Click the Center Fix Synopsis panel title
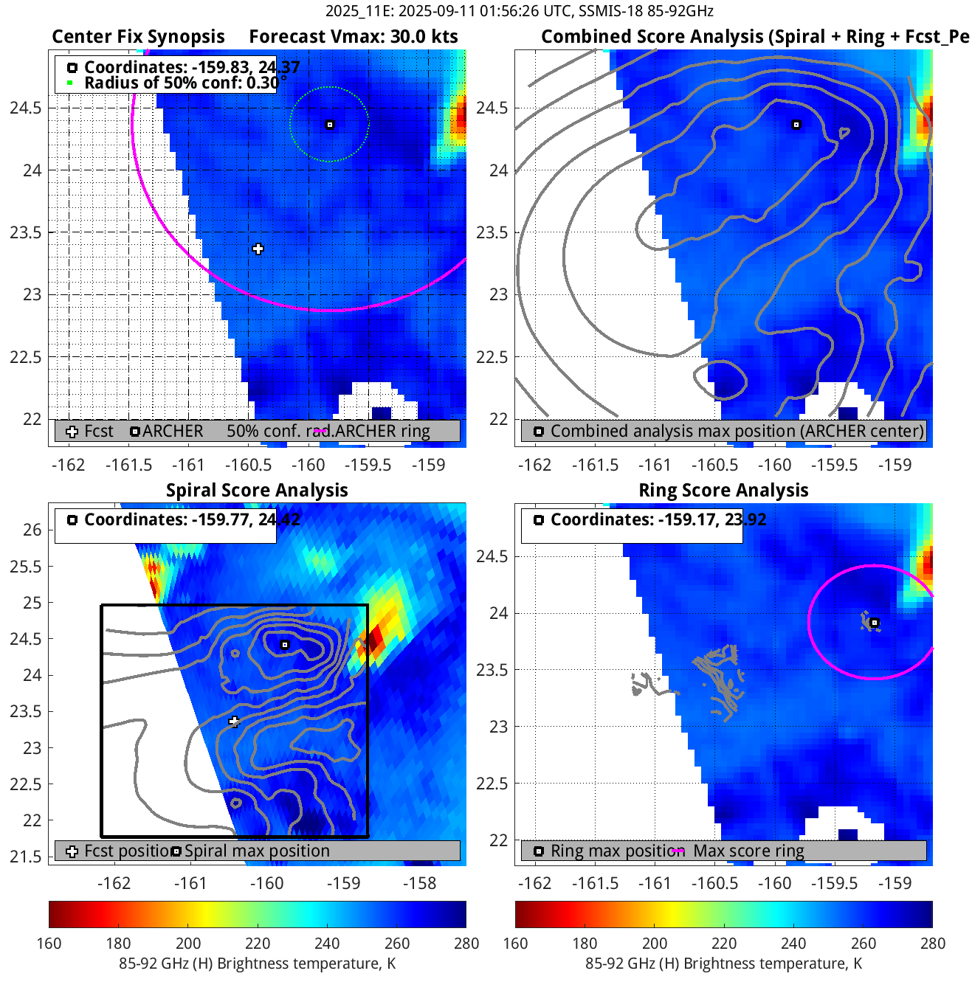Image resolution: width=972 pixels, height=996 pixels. (138, 37)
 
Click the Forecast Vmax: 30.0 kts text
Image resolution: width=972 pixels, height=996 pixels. (353, 37)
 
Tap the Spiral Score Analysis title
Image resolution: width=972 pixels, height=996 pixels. (257, 491)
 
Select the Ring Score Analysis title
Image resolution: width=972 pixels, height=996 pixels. (723, 491)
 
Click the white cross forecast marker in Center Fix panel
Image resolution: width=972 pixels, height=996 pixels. (258, 249)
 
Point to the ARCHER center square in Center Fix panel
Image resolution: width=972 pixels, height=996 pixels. (330, 125)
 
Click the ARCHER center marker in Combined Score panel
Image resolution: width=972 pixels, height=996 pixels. (796, 125)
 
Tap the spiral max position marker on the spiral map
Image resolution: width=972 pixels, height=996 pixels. (285, 645)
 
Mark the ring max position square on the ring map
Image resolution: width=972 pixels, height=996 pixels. (875, 623)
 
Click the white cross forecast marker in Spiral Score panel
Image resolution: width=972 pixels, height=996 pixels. (235, 721)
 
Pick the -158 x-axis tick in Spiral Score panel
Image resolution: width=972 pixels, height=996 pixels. (420, 883)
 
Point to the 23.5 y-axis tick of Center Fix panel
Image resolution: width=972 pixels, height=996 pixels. (26, 232)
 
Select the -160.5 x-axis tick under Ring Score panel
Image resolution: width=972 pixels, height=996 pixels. (714, 883)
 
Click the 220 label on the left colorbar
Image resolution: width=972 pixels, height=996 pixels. (258, 944)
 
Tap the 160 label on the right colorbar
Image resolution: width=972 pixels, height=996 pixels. (515, 944)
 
